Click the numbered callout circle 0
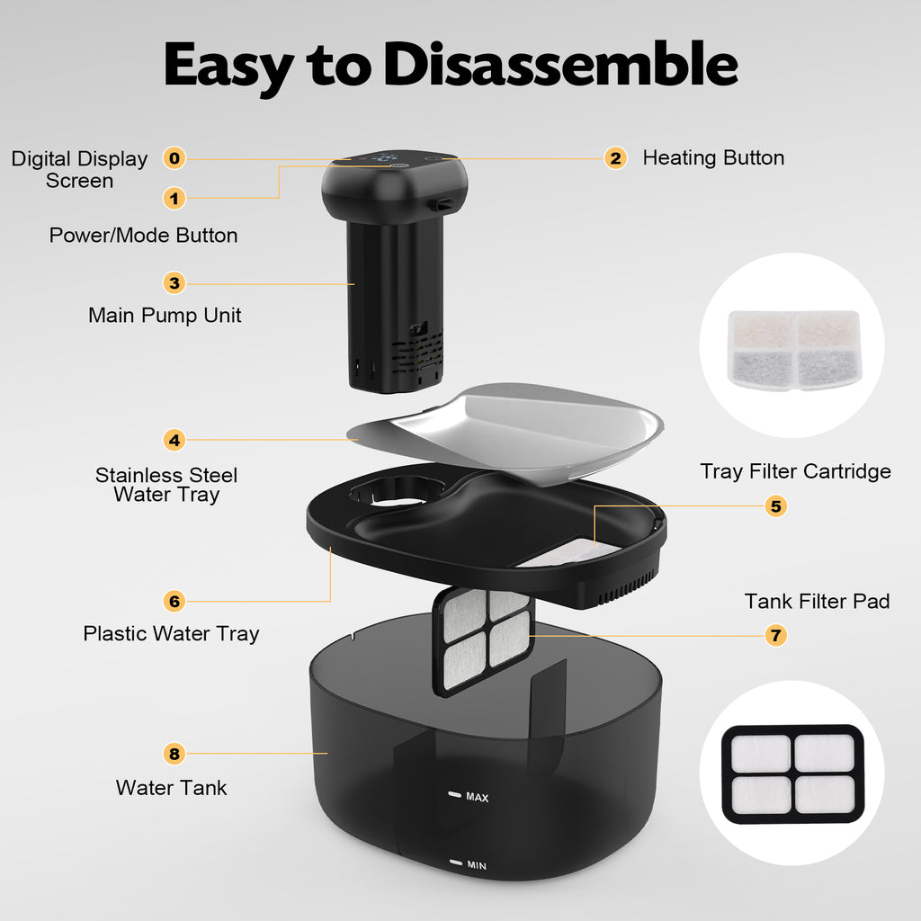tap(174, 158)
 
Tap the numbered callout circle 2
tap(615, 158)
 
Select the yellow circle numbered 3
tap(174, 283)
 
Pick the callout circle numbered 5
tap(776, 505)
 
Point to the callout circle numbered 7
tap(776, 635)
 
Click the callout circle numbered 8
tap(174, 754)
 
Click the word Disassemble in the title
tap(561, 65)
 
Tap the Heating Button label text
tap(713, 157)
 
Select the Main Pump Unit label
tap(165, 316)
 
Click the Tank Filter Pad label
tap(817, 601)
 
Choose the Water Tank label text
tap(171, 788)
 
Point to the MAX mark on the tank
tap(469, 796)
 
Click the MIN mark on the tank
tap(469, 864)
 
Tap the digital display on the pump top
tap(384, 158)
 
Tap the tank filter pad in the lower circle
tap(792, 773)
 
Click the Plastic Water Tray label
tap(171, 634)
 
